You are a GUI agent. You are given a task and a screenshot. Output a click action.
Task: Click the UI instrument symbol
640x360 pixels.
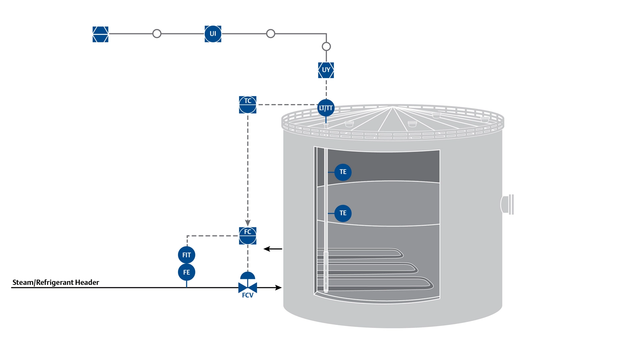point(213,34)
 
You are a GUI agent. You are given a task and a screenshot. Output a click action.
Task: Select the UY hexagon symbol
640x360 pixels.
point(326,70)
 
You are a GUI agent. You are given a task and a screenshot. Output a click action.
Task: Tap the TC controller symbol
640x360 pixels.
point(248,105)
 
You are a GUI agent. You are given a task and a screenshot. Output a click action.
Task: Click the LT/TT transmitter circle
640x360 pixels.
point(326,108)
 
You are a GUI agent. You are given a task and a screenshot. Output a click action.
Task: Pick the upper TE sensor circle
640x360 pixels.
point(343,172)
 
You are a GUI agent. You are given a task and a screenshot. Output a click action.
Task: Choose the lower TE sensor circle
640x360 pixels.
point(343,213)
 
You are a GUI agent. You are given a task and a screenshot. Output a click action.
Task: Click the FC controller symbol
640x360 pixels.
point(248,236)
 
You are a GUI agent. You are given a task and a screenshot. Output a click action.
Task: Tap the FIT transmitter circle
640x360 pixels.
point(187,255)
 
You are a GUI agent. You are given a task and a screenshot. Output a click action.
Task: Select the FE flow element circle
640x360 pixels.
point(187,272)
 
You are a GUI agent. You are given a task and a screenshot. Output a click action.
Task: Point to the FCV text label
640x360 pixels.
point(248,295)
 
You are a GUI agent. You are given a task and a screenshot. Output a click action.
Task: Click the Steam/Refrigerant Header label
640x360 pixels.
point(56,282)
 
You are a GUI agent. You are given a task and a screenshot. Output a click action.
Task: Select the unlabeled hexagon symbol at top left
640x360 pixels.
point(100,34)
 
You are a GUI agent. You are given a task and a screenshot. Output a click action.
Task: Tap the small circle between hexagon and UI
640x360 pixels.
point(157,34)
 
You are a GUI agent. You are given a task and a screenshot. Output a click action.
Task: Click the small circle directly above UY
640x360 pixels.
point(326,46)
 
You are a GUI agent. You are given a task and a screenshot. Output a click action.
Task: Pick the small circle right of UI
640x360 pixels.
point(271,34)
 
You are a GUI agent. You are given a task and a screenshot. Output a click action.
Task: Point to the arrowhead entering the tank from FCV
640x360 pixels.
point(279,287)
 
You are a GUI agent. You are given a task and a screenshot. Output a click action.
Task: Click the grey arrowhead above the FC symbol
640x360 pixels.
point(248,223)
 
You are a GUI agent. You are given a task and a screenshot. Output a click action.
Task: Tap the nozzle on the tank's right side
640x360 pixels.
point(508,204)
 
